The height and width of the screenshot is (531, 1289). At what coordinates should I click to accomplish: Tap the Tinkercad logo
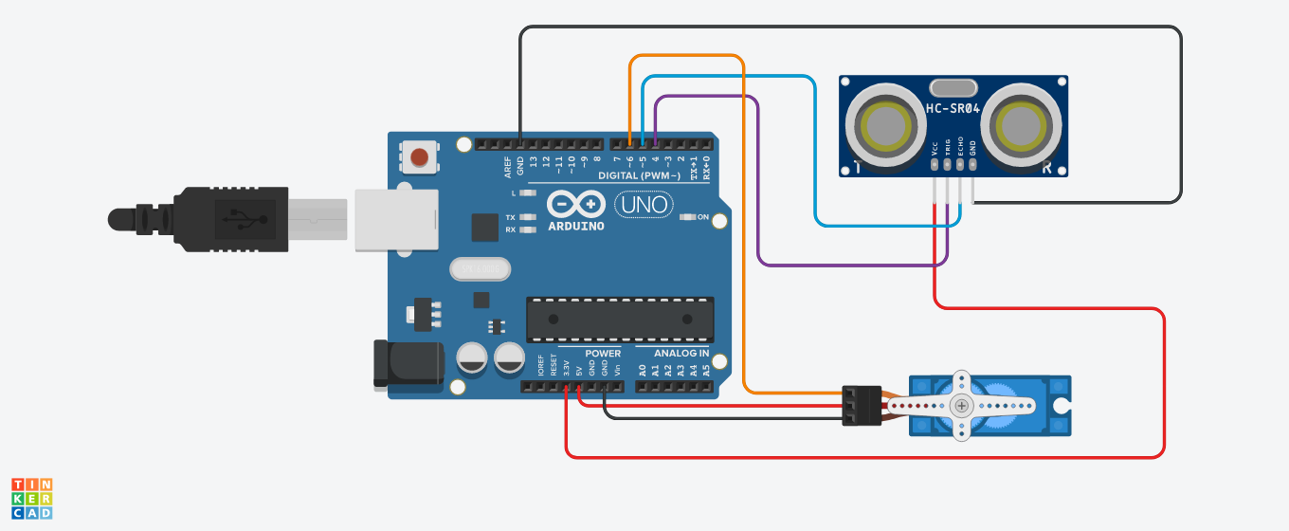31,499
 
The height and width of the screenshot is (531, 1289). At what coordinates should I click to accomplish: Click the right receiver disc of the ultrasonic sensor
1022,124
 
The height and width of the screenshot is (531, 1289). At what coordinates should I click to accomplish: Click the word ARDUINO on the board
575,227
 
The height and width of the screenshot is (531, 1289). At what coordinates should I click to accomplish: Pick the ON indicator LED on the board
689,217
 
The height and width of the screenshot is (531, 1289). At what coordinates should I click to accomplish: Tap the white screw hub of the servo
962,406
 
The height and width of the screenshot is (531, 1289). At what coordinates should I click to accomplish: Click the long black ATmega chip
620,319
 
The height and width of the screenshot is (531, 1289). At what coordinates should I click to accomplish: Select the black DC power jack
408,362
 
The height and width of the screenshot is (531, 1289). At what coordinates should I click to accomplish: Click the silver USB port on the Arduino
396,220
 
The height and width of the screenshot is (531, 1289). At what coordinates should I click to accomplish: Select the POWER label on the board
602,353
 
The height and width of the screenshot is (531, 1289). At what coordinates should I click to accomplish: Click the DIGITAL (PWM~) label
640,176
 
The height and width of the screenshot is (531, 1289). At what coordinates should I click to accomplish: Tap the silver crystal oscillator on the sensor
954,88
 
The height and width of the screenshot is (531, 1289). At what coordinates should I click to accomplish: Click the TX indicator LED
528,217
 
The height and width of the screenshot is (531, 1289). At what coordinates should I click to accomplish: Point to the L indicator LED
528,192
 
